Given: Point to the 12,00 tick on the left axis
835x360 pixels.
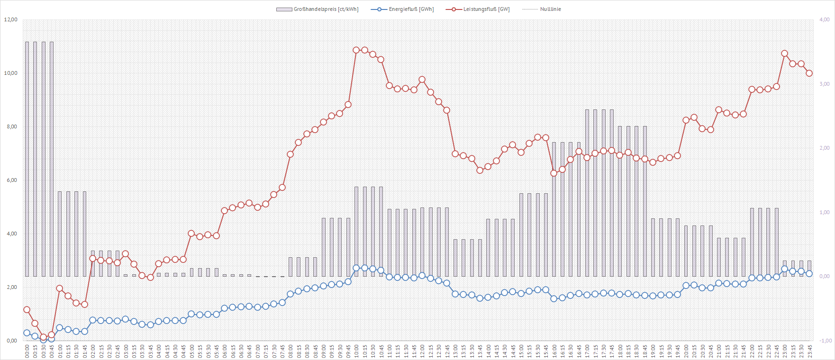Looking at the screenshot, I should tap(11, 19).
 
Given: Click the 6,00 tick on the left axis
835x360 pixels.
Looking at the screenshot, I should tap(11, 180).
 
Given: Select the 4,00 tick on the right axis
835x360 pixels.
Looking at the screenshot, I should tap(825, 19).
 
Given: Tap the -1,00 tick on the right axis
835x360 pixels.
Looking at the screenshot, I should tap(826, 341).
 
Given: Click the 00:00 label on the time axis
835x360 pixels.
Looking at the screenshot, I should tap(27, 351).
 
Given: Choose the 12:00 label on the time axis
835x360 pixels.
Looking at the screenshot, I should tap(422, 351).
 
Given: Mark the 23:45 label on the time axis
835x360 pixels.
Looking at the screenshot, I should tap(809, 351).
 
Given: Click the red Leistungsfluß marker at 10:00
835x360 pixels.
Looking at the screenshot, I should tap(356, 50).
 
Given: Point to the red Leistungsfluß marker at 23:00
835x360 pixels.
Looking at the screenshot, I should tap(784, 54).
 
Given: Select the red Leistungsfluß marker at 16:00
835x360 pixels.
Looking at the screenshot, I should tap(554, 173).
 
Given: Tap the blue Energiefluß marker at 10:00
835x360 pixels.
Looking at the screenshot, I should tap(356, 268).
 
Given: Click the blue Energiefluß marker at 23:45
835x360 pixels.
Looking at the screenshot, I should tap(809, 274).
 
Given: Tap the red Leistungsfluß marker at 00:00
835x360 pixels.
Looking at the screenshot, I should tap(27, 310).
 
